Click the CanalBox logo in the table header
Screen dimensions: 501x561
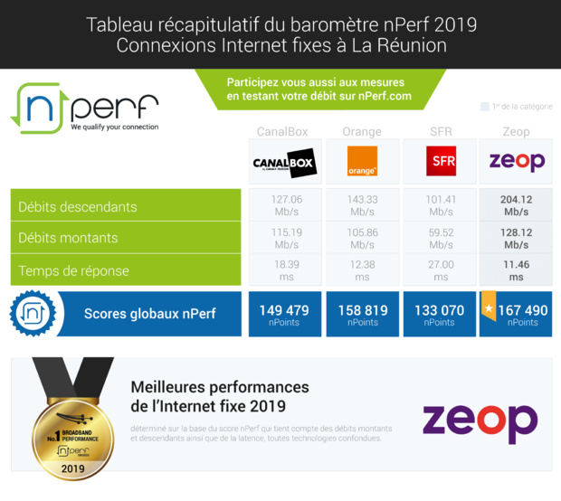click(x=284, y=163)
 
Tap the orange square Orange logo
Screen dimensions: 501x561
click(x=362, y=163)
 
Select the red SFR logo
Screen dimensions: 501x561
click(x=441, y=163)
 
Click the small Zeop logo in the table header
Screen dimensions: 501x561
click(x=517, y=163)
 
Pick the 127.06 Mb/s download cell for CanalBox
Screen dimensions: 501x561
click(x=285, y=206)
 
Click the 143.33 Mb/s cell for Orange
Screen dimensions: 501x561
click(x=362, y=206)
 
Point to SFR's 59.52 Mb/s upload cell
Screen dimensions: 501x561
click(x=441, y=238)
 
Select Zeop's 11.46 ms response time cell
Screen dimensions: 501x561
click(x=517, y=269)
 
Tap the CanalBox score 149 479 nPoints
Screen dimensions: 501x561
click(x=284, y=314)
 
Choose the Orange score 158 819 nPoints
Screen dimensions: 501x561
click(x=362, y=314)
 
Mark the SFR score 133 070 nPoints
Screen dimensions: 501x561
click(x=440, y=314)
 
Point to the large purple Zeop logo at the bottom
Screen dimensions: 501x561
click(x=480, y=421)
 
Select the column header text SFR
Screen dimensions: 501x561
click(x=441, y=132)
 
